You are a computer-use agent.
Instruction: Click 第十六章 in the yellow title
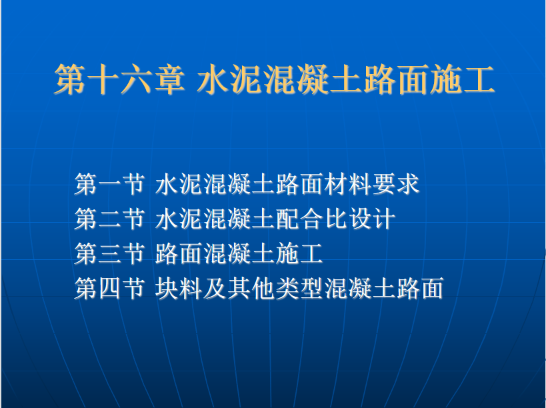[119, 79]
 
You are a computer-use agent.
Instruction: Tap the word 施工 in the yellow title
[462, 79]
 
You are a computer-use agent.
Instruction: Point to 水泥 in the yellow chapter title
[230, 79]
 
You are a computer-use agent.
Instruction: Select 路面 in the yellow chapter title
[397, 79]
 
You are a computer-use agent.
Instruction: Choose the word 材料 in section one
[347, 184]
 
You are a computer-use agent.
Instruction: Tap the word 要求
[395, 184]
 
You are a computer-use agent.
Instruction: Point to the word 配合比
[311, 219]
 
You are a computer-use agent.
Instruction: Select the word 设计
[371, 219]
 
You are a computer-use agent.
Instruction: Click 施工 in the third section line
[299, 253]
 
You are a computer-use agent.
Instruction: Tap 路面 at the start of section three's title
[179, 253]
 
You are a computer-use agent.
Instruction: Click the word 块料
[179, 288]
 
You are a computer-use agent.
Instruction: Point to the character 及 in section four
[215, 288]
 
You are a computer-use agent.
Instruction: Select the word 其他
[251, 288]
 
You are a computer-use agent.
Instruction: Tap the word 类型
[299, 288]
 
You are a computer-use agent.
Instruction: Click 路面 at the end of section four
[419, 288]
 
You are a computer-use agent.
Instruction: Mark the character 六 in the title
[136, 79]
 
